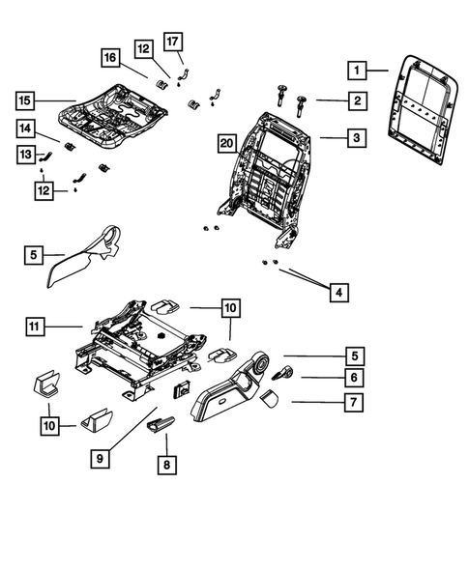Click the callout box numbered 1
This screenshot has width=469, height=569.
357,70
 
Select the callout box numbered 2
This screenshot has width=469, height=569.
357,100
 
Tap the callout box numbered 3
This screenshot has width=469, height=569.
357,139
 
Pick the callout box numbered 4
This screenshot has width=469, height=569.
338,291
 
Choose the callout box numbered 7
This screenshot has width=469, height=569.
357,400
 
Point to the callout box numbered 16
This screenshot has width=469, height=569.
112,59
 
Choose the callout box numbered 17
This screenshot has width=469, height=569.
172,42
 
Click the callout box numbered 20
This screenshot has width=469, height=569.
226,143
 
